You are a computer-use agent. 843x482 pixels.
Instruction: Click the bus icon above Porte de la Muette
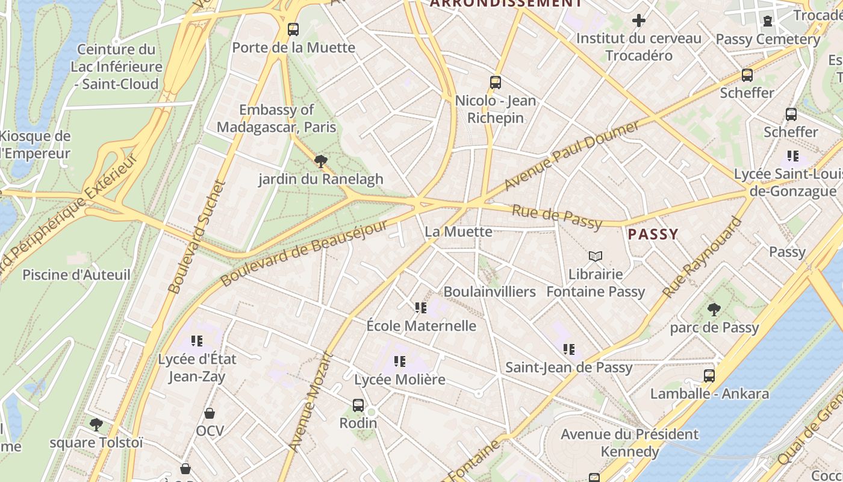coord(293,29)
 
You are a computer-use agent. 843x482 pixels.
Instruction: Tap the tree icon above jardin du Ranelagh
coord(321,161)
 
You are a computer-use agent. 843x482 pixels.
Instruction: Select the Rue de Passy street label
coord(557,218)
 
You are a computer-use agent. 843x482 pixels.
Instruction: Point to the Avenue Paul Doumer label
coord(571,155)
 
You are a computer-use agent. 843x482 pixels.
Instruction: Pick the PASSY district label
coord(653,234)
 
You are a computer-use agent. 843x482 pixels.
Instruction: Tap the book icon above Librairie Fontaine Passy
coord(596,257)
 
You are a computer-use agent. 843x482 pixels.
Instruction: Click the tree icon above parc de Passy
coord(714,310)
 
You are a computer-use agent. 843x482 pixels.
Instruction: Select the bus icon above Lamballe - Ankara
coord(709,376)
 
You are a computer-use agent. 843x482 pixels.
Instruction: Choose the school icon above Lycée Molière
coord(400,361)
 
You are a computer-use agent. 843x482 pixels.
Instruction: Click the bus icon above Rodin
coord(358,405)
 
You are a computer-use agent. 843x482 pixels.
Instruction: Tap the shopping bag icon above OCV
coord(210,413)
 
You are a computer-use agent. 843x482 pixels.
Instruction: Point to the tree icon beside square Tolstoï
coord(96,425)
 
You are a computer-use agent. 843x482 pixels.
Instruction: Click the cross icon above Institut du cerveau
coord(639,21)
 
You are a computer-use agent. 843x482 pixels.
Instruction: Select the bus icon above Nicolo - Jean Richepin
coord(496,83)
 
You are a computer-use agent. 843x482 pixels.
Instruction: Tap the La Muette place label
coord(458,231)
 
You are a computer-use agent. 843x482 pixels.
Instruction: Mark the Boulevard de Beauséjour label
coord(304,253)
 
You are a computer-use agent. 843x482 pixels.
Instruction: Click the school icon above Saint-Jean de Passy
coord(569,349)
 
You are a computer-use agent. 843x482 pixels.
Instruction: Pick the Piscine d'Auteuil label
coord(76,275)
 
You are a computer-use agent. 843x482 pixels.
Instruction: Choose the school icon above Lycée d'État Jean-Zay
coord(197,341)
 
